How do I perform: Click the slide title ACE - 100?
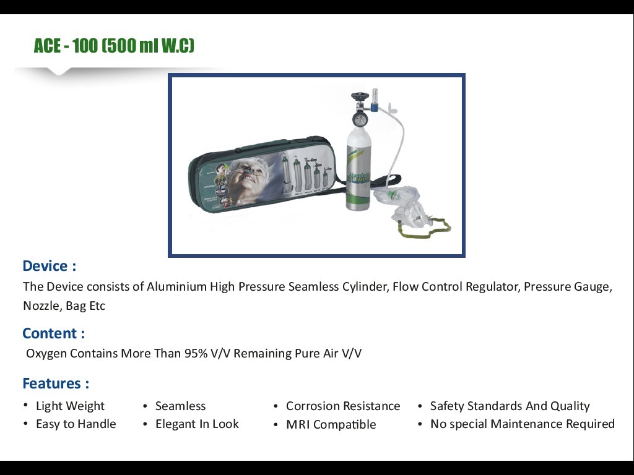click(x=114, y=46)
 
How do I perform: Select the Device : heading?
click(x=49, y=266)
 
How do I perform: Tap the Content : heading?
click(x=53, y=333)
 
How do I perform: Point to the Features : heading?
click(x=56, y=383)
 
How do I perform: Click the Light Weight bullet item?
click(x=70, y=406)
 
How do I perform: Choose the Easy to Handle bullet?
click(x=76, y=424)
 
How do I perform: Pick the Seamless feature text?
click(x=180, y=406)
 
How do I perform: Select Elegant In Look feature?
click(x=197, y=424)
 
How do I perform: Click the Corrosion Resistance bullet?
click(x=343, y=406)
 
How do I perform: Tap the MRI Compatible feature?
click(x=331, y=425)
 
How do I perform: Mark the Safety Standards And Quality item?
click(x=510, y=406)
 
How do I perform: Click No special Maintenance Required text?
click(x=522, y=424)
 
